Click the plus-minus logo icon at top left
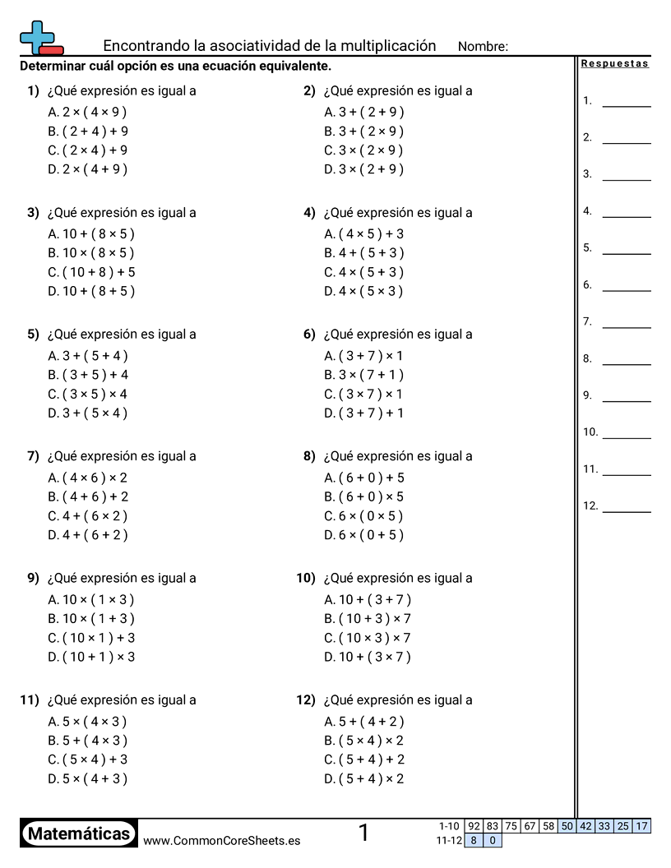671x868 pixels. pyautogui.click(x=39, y=38)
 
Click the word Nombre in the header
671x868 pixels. pyautogui.click(x=483, y=47)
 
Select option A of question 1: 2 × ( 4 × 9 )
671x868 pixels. pyautogui.click(x=87, y=113)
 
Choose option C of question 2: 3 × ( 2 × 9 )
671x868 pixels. pyautogui.click(x=363, y=150)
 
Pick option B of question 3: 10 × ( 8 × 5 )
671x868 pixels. pyautogui.click(x=90, y=253)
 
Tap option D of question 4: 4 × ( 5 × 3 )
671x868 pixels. pyautogui.click(x=363, y=291)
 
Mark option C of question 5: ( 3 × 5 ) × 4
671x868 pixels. pyautogui.click(x=87, y=394)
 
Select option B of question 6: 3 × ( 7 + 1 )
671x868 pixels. pyautogui.click(x=363, y=375)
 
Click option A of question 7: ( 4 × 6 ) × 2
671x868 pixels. pyautogui.click(x=87, y=478)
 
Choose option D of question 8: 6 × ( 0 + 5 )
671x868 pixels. pyautogui.click(x=363, y=535)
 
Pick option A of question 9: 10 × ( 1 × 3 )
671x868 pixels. pyautogui.click(x=90, y=599)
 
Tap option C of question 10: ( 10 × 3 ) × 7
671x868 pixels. pyautogui.click(x=367, y=638)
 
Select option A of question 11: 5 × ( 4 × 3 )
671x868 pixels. pyautogui.click(x=87, y=722)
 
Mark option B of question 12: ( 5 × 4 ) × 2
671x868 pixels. pyautogui.click(x=363, y=741)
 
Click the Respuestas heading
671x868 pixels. pyautogui.click(x=615, y=64)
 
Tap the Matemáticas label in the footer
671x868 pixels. pyautogui.click(x=79, y=834)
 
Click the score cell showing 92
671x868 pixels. pyautogui.click(x=474, y=826)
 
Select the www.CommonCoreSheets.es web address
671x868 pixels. pyautogui.click(x=221, y=841)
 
